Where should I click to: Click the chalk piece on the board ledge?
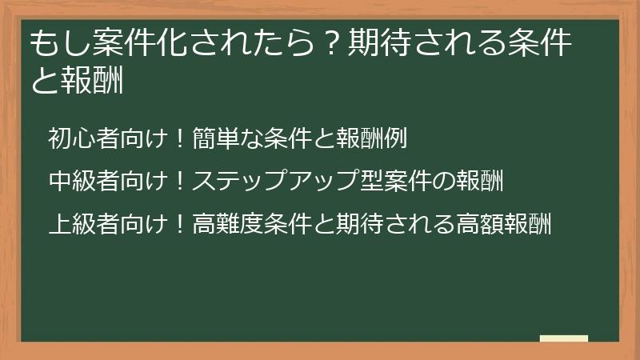click(x=564, y=338)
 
